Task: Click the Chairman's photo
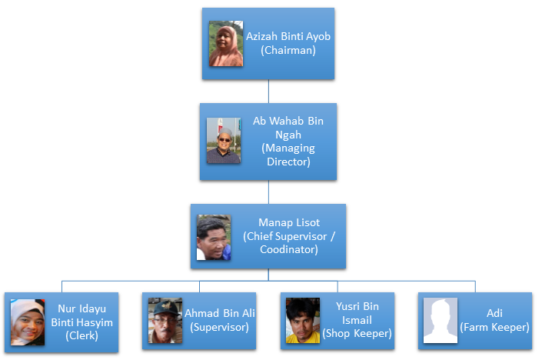coord(226,44)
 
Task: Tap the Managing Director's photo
coord(223,141)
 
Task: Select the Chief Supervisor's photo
coord(214,237)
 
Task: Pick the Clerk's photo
coord(28,321)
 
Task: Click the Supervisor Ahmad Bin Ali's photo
coord(165,321)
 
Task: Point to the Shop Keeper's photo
coord(302,321)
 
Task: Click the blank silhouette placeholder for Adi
coord(441,321)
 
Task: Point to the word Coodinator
coord(289,251)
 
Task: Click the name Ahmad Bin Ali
coord(220,314)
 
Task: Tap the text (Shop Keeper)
coord(357,334)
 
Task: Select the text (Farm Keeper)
coord(494,328)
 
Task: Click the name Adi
coord(494,314)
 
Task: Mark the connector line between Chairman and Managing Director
coord(268,92)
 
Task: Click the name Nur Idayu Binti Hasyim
coord(82,315)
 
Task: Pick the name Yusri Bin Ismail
coord(357,314)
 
